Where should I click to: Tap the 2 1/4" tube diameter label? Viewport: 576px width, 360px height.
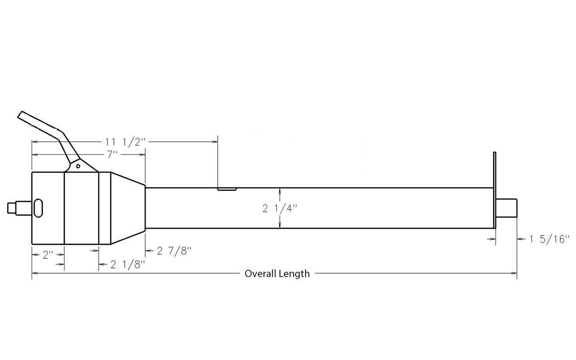pos(280,208)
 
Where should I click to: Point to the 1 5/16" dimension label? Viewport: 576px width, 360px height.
pos(549,239)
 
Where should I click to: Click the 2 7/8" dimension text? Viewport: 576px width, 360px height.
pos(175,251)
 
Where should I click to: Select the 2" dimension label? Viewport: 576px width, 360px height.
pos(48,255)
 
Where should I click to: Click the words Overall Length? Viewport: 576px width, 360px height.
pos(277,274)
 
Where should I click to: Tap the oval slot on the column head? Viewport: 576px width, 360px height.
pos(38,208)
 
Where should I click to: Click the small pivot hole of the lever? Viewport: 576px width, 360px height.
pos(78,166)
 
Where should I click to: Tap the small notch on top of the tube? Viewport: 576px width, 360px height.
pos(227,189)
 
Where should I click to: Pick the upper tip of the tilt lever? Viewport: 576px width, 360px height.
pos(22,115)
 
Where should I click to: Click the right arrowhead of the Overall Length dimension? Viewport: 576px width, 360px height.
pos(514,273)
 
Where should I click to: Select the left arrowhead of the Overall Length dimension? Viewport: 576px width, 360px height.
pos(35,273)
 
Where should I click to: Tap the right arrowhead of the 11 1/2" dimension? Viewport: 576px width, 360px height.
pos(215,142)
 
